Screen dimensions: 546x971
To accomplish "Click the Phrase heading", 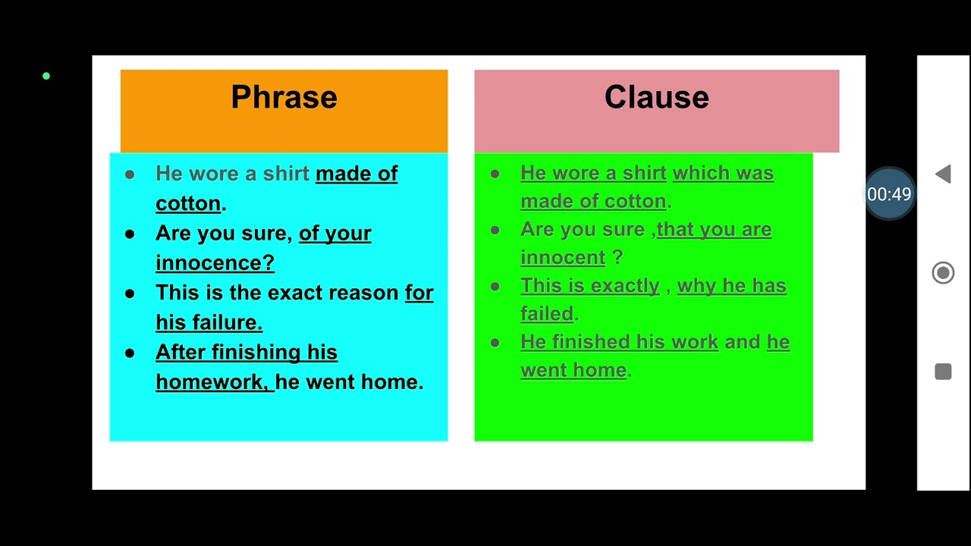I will click(284, 98).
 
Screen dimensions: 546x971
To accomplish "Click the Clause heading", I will click(656, 98).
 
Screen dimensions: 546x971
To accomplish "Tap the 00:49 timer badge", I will click(889, 194).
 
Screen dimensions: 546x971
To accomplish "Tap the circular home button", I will click(943, 273).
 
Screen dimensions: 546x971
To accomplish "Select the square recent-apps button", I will click(943, 372).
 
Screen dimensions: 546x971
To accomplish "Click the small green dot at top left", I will click(46, 76).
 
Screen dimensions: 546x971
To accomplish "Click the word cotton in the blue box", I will click(188, 203).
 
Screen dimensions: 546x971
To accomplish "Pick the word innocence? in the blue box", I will click(215, 262).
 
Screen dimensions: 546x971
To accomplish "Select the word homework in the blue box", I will click(210, 381).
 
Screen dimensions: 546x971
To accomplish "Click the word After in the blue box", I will click(181, 352).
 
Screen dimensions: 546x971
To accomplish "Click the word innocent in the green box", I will click(563, 258).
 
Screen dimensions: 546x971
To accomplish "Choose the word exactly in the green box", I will click(625, 286).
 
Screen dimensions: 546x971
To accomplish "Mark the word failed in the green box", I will click(547, 314).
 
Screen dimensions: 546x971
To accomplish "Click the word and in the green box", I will click(742, 342).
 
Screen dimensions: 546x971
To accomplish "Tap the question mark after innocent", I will click(617, 258).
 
